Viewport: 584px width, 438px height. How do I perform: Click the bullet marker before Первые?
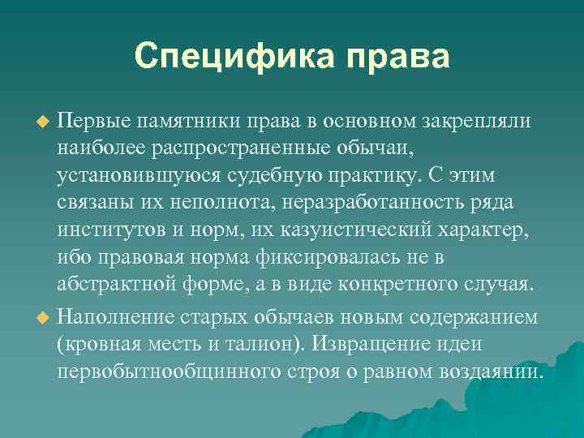[44, 121]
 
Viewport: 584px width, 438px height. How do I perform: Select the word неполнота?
[181, 204]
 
